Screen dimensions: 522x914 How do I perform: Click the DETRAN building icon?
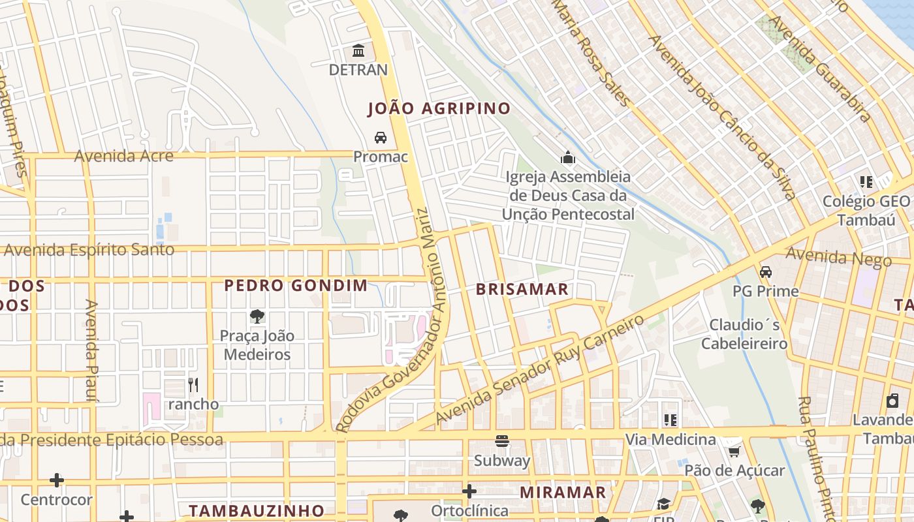(x=358, y=50)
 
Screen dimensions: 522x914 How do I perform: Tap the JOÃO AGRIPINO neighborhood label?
(x=439, y=109)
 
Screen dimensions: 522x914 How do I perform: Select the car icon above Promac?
(x=380, y=138)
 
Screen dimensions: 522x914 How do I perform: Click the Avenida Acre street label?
(x=124, y=156)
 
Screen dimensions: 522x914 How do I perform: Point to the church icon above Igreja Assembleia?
(x=567, y=157)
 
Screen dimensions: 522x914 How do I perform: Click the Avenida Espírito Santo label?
(x=89, y=250)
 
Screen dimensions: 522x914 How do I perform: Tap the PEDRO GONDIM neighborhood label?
(x=296, y=285)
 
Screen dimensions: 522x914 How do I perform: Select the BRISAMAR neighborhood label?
(x=522, y=290)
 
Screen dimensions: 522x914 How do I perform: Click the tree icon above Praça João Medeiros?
(x=257, y=316)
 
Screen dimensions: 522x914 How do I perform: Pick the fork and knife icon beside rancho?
(x=193, y=385)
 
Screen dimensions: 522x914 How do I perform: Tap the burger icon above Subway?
(x=501, y=441)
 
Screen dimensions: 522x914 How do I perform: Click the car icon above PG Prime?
(x=765, y=271)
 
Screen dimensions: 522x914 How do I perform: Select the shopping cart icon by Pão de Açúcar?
(x=734, y=452)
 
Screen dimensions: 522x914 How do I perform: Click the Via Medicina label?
(x=670, y=440)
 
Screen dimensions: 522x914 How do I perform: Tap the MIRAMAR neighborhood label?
(x=563, y=493)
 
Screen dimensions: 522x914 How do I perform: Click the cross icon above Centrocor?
(x=57, y=481)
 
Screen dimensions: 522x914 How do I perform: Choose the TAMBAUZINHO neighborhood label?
(x=257, y=510)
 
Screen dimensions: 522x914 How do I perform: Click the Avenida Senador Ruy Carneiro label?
(x=540, y=370)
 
